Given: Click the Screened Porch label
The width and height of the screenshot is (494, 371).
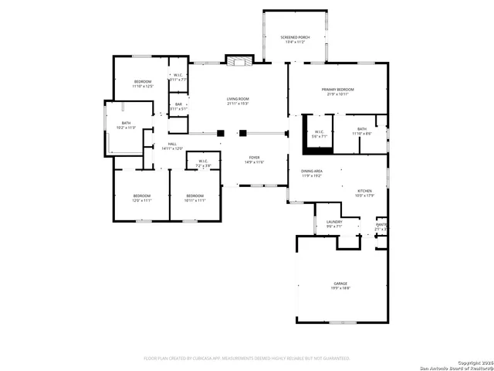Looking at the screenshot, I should (x=294, y=39).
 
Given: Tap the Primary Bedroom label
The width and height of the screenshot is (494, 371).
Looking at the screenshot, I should (x=339, y=92).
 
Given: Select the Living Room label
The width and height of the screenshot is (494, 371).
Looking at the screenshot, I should (x=238, y=101).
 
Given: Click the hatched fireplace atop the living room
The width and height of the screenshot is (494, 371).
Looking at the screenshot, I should (x=238, y=60).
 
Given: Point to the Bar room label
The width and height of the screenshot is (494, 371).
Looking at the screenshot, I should (x=178, y=107).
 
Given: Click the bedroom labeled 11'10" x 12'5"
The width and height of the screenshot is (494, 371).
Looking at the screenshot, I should (x=143, y=84).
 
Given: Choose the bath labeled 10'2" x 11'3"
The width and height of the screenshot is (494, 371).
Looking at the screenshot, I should (x=126, y=125).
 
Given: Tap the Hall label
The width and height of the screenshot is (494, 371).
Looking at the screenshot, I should (x=172, y=146).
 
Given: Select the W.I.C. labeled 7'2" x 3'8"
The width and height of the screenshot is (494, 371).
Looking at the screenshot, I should (x=202, y=163).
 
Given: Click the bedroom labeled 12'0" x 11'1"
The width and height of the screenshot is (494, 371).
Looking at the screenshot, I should (x=140, y=198).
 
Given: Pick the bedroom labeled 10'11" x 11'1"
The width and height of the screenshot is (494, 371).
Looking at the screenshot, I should (x=195, y=198).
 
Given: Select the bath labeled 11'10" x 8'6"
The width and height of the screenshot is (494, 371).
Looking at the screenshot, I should (x=362, y=131).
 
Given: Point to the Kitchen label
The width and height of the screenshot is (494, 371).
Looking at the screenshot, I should (x=364, y=193).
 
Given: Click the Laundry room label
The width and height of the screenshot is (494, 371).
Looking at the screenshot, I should (x=334, y=225).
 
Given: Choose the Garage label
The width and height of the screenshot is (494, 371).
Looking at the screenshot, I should (x=340, y=286).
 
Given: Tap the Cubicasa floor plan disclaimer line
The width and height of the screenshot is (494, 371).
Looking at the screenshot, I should (x=247, y=358).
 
